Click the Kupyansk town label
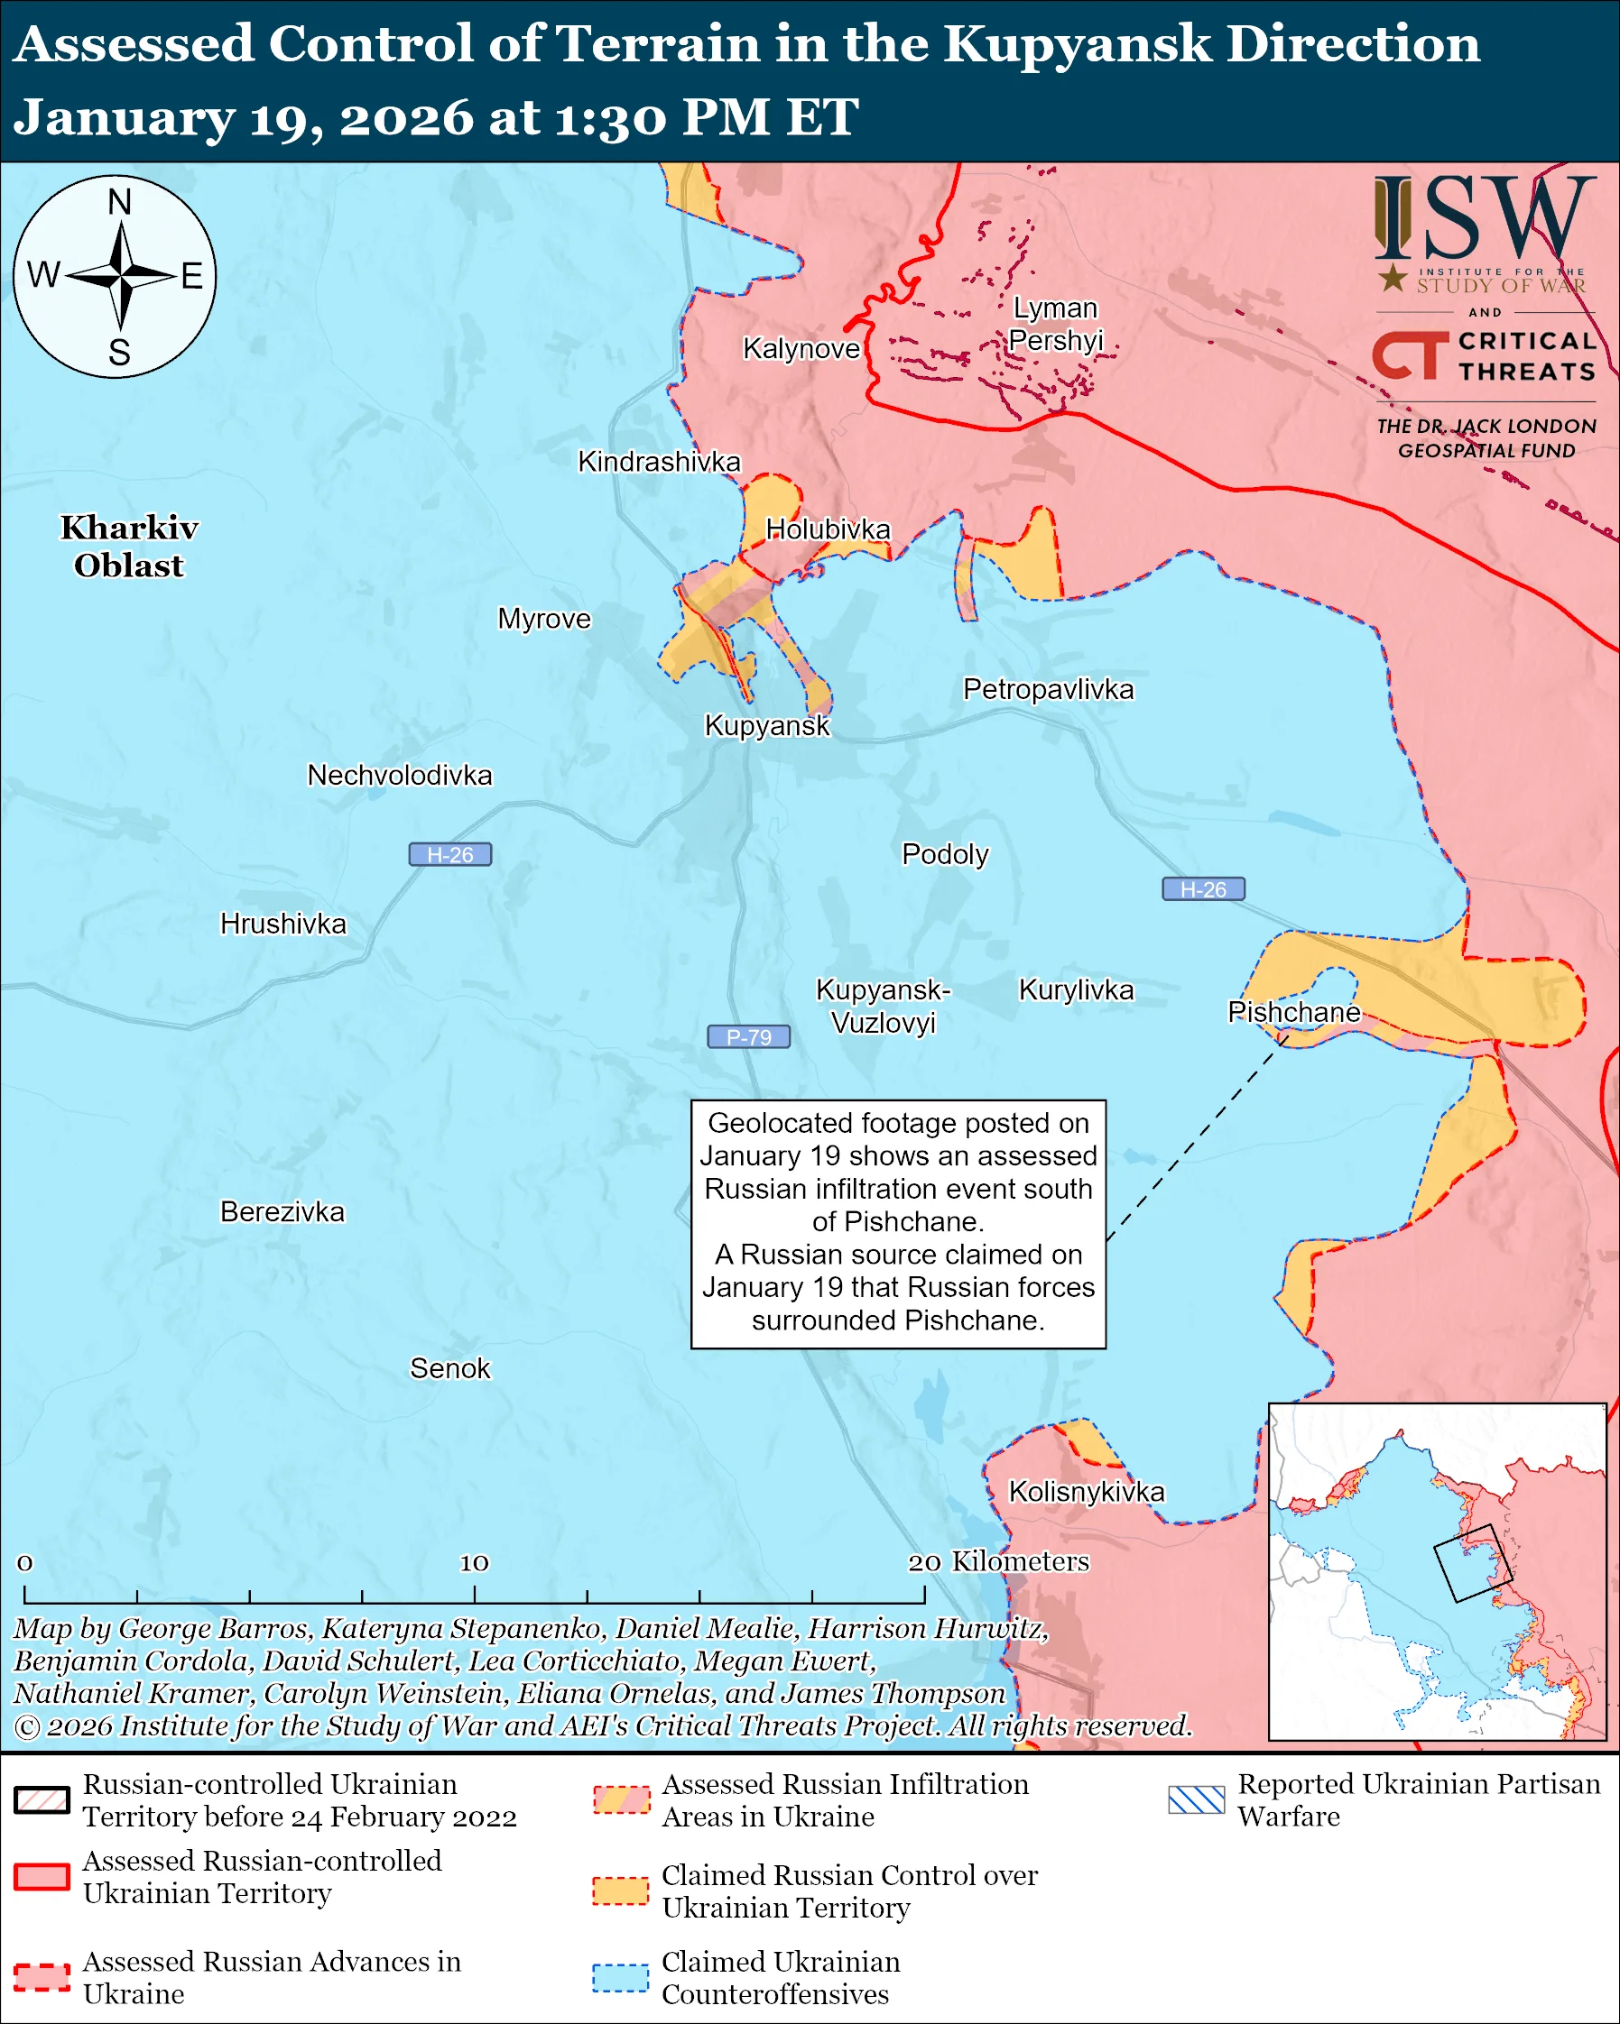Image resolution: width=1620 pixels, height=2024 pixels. pos(767,726)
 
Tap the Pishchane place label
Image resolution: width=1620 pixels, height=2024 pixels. pos(1293,1012)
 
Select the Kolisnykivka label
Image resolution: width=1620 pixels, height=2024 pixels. pos(1086,1492)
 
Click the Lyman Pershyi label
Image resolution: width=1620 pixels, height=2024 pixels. pos(1055,324)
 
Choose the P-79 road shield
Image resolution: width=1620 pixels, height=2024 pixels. pos(748,1036)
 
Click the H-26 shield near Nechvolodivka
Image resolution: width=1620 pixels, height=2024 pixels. pos(449,854)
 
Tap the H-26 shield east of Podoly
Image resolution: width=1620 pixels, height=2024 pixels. pos(1203,889)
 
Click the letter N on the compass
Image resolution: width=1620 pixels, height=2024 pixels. pos(119,203)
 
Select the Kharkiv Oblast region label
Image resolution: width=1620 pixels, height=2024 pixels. pos(130,547)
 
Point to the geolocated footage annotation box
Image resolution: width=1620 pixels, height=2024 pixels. pos(898,1224)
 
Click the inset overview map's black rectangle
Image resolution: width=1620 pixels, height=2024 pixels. pos(1472,1563)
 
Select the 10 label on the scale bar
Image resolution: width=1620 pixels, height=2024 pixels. pos(473,1562)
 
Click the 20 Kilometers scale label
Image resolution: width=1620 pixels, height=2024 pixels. pos(998,1561)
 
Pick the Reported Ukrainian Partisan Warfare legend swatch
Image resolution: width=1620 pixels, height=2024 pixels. pos(1197,1799)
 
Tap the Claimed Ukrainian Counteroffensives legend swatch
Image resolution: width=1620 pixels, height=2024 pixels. pos(620,1977)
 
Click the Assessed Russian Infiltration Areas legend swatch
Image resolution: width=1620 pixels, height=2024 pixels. pos(620,1799)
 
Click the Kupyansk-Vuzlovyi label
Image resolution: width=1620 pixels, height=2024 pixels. pos(883,1006)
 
